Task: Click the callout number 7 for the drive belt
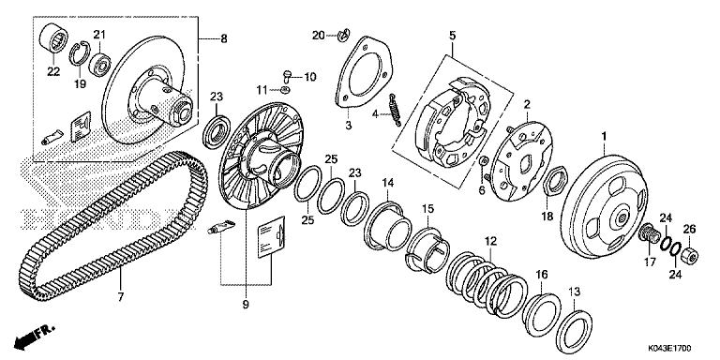pos(120,299)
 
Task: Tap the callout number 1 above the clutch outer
pos(605,135)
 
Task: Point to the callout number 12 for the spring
pos(488,241)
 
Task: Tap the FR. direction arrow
pos(31,334)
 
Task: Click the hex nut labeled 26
pos(687,255)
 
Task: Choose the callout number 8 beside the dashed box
pos(223,38)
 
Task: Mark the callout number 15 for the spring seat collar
pos(427,208)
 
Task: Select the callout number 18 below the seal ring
pos(546,216)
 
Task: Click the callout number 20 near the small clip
pos(318,35)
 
